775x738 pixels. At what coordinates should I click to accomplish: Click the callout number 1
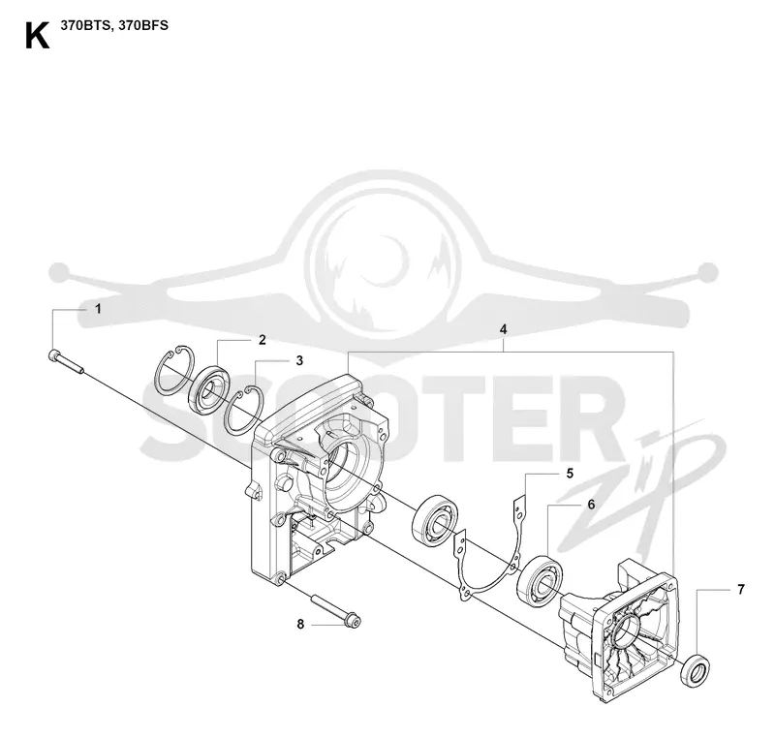pyautogui.click(x=98, y=309)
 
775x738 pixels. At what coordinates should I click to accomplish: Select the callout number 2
pyautogui.click(x=262, y=339)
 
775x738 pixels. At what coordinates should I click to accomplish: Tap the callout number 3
pyautogui.click(x=299, y=360)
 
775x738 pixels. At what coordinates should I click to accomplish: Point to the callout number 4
pyautogui.click(x=503, y=329)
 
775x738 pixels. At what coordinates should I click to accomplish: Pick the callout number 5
pyautogui.click(x=570, y=474)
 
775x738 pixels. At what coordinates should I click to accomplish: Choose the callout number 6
pyautogui.click(x=591, y=505)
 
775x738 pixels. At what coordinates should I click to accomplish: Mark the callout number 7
pyautogui.click(x=740, y=589)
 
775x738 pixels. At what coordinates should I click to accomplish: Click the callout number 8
pyautogui.click(x=300, y=625)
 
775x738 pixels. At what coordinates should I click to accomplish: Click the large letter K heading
pyautogui.click(x=37, y=36)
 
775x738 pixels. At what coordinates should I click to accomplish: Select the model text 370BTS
pyautogui.click(x=86, y=26)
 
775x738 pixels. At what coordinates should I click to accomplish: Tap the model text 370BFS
pyautogui.click(x=143, y=26)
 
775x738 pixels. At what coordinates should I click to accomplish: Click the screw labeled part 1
pyautogui.click(x=67, y=362)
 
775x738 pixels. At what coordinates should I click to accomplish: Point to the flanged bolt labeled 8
pyautogui.click(x=335, y=612)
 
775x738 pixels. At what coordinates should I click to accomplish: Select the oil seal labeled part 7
pyautogui.click(x=696, y=669)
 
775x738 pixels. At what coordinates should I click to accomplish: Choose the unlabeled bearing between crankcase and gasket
pyautogui.click(x=434, y=519)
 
